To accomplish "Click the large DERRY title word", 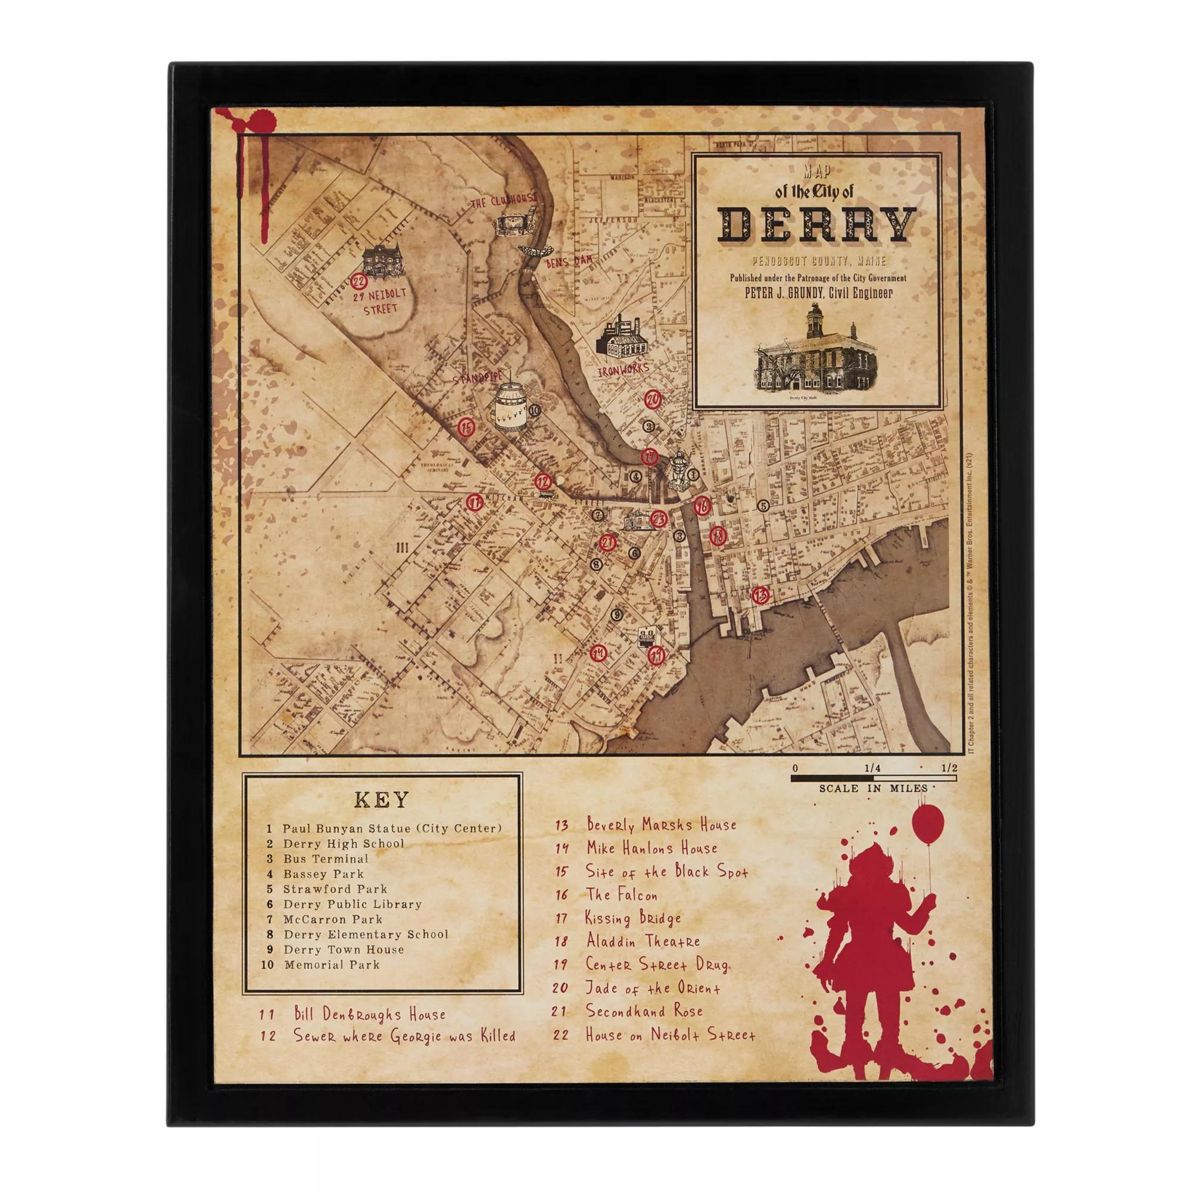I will (x=817, y=225).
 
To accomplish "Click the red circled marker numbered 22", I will (x=358, y=282).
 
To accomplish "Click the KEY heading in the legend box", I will (x=382, y=800).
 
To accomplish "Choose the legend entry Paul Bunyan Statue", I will (x=392, y=828).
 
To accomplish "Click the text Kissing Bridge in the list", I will (x=633, y=918).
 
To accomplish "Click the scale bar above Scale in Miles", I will (x=873, y=778).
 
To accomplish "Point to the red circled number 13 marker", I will (x=760, y=595).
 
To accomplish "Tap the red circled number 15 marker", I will (x=467, y=426).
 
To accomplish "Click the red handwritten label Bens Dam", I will (x=568, y=262).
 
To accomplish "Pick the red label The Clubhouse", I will (x=504, y=201).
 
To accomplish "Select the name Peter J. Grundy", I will (x=783, y=294).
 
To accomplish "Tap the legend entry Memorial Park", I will (x=332, y=965).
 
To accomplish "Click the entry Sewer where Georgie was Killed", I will (x=404, y=1036).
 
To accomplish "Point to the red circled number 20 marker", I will (x=652, y=400).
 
